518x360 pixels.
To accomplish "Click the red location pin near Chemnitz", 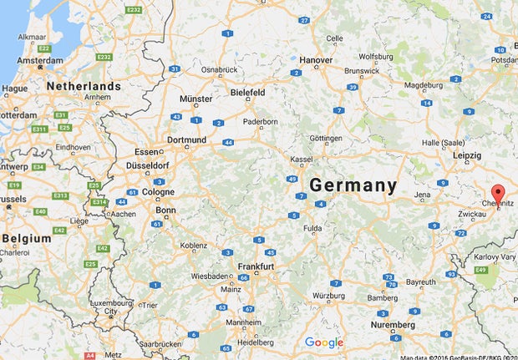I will pos(498,193).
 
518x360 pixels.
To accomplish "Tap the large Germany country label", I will pos(353,185).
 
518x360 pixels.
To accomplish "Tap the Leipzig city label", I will pos(466,155).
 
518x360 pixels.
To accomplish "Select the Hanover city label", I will pos(316,60).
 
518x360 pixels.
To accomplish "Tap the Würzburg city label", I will pos(328,296).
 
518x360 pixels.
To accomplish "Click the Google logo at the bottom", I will pos(324,342).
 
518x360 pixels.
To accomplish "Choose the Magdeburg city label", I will pos(424,84).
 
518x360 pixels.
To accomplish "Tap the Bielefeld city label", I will pos(248,91).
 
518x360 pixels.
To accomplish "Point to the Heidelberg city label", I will pos(256,342).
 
